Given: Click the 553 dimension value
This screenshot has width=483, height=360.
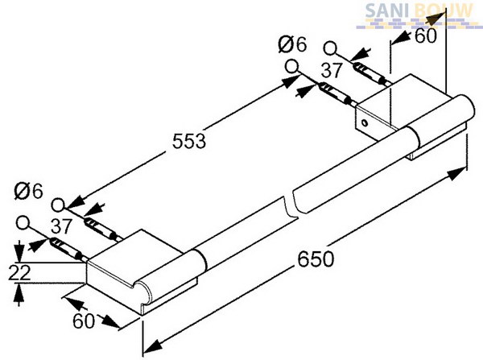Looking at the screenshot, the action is (189, 142).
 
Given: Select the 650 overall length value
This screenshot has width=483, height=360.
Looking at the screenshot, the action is (316, 259).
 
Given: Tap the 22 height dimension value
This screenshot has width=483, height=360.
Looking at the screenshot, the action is (19, 272).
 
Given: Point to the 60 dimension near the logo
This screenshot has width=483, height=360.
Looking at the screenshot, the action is (426, 35).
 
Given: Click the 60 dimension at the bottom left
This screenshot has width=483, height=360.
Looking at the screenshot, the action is (84, 321).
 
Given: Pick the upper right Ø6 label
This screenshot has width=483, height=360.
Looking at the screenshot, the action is (292, 44).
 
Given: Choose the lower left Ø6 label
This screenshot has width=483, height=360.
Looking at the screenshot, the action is (29, 192).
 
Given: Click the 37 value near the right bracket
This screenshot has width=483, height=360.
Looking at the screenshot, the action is (332, 71).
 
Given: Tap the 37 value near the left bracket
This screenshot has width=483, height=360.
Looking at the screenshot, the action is (61, 226).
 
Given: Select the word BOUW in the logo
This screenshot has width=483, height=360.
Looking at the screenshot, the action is (444, 11).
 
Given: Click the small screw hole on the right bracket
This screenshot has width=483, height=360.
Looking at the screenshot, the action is (365, 122).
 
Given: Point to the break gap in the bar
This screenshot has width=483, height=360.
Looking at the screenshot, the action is (289, 205).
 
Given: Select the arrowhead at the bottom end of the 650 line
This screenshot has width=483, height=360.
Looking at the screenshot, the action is (153, 346).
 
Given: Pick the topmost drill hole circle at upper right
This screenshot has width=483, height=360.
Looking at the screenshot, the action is (330, 48).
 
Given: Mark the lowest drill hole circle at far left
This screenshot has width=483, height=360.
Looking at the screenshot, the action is (23, 223).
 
